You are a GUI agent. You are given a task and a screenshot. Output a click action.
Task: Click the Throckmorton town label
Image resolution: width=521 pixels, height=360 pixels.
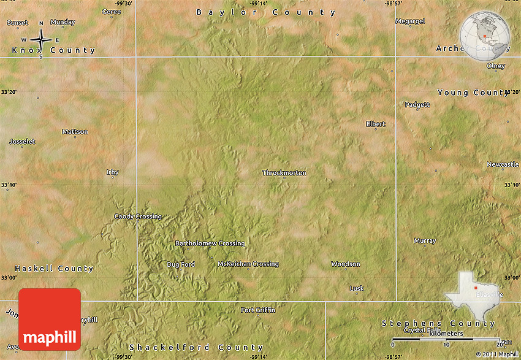284,173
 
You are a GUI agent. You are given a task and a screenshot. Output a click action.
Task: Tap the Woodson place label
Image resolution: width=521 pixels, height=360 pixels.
346,264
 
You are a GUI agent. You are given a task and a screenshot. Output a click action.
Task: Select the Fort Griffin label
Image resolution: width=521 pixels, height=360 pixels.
258,310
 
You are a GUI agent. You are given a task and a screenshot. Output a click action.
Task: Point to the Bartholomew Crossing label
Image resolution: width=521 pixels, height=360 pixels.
210,243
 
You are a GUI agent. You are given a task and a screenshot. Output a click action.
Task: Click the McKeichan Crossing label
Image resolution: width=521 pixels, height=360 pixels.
248,264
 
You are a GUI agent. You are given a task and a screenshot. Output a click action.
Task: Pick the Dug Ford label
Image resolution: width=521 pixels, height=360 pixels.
181,264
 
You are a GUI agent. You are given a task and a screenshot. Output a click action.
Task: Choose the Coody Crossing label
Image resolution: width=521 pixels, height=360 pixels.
138,216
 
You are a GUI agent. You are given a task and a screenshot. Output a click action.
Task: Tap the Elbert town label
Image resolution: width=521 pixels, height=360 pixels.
376,124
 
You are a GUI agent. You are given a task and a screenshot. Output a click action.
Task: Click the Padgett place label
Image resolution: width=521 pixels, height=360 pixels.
417,105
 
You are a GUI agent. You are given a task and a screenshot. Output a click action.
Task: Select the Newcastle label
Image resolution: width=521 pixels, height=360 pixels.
503,164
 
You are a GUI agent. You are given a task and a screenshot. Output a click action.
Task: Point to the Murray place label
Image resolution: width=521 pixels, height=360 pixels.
425,240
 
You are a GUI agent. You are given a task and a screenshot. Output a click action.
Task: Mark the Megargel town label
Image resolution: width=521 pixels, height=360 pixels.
410,21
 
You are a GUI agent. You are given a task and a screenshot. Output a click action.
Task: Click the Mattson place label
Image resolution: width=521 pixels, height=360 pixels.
75,132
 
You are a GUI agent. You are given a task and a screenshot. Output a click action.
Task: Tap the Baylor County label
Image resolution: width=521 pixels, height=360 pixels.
266,12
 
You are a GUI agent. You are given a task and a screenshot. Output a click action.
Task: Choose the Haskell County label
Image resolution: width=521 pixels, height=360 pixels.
54,269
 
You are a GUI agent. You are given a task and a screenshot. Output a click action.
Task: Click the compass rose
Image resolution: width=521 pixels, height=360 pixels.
41,40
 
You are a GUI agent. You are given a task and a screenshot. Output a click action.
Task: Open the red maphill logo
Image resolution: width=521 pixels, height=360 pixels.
50,319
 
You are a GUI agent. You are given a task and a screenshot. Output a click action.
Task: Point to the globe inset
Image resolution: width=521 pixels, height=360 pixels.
485,37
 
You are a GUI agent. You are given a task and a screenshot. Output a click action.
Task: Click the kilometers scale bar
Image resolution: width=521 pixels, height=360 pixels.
446,339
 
